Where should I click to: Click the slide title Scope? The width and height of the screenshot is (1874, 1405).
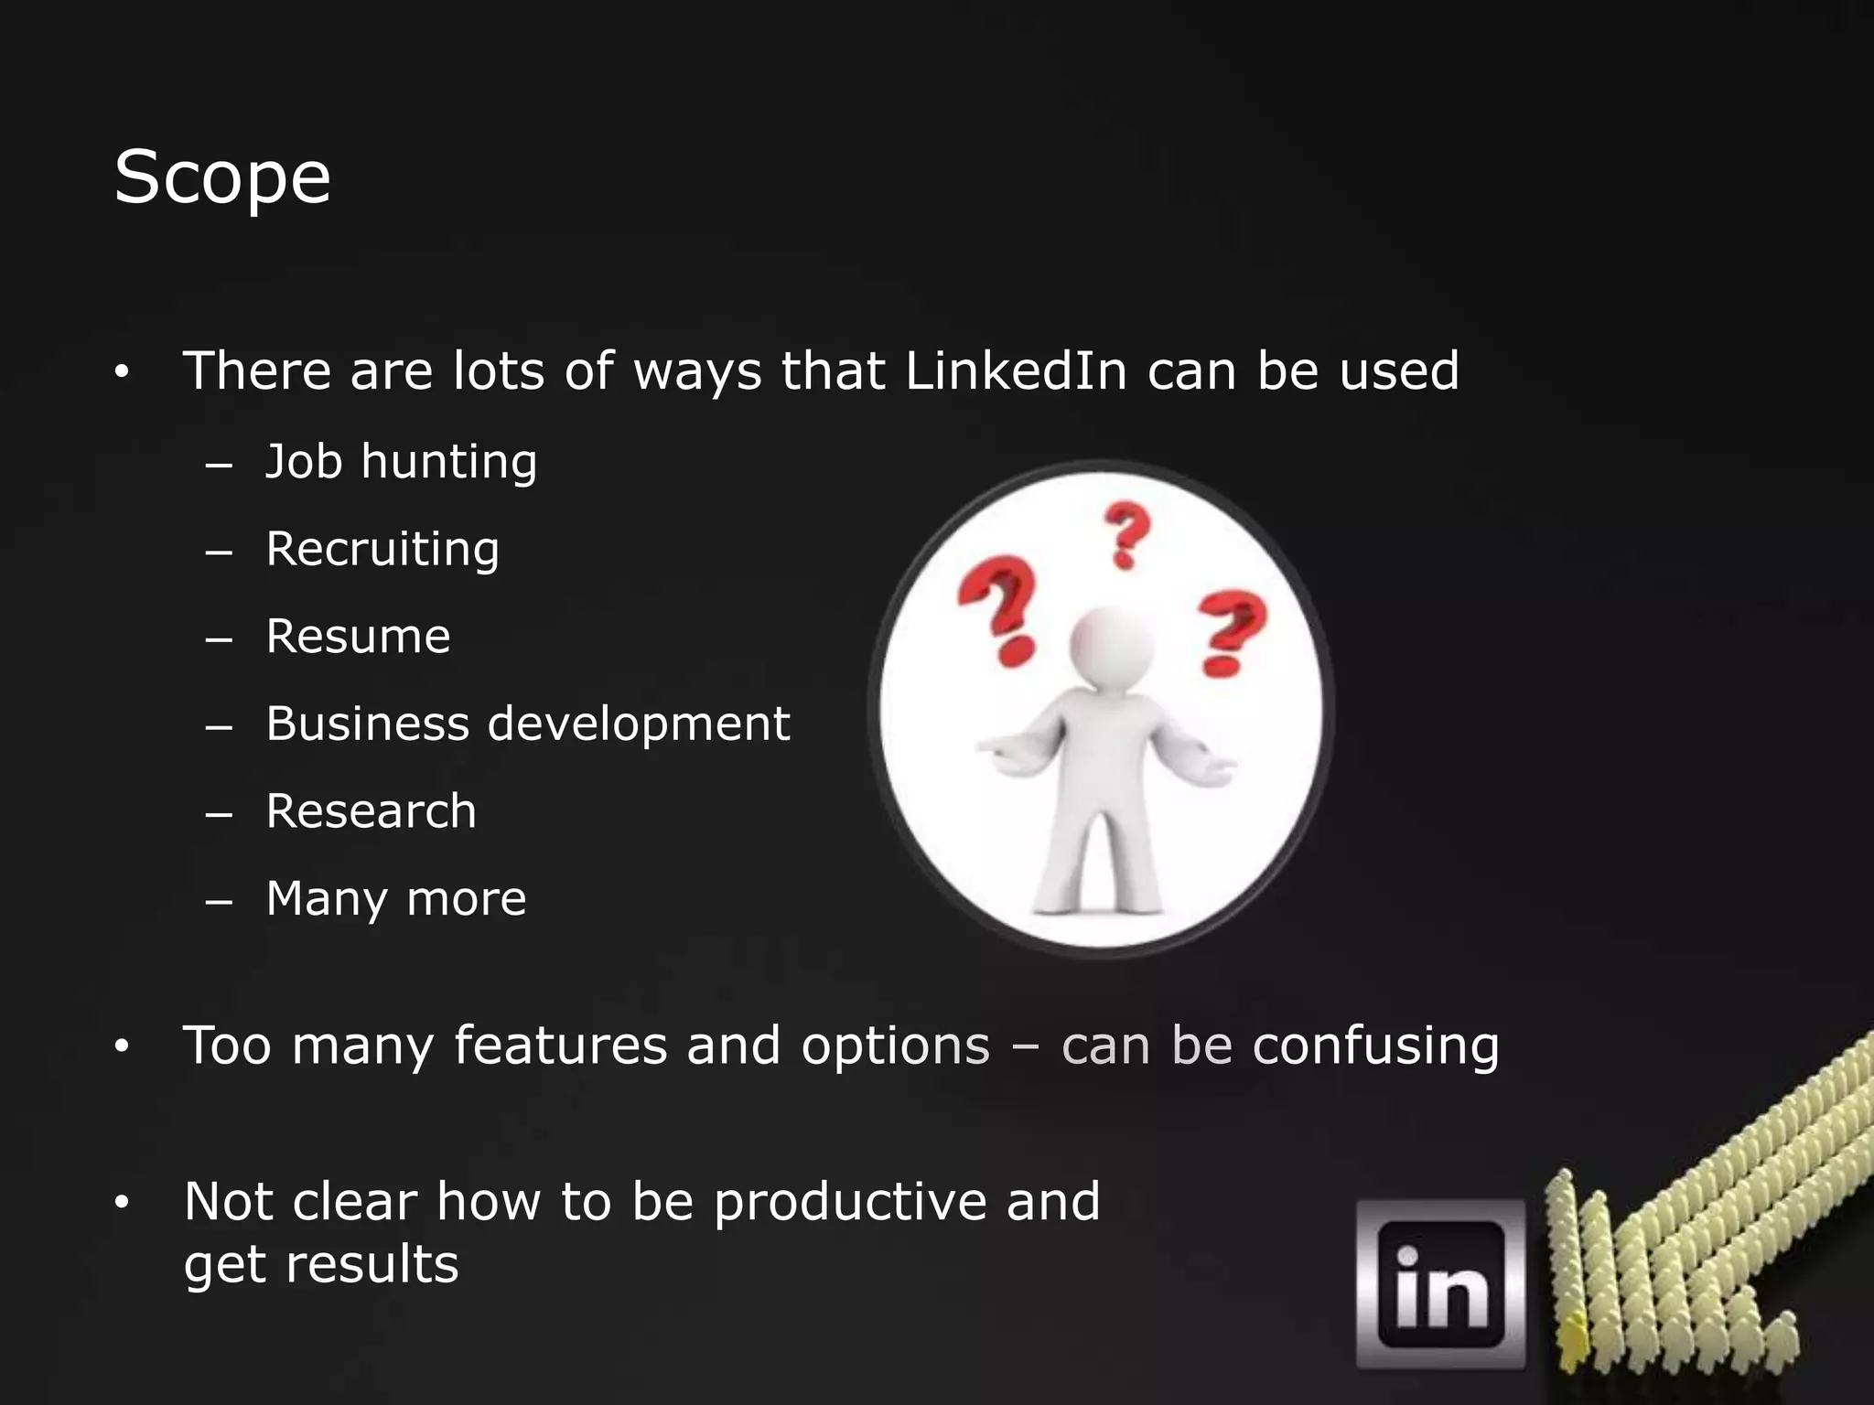click(x=222, y=177)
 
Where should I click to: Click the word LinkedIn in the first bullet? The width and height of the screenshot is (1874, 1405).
click(x=1016, y=370)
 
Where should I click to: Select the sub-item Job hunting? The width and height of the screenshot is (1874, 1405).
click(x=401, y=462)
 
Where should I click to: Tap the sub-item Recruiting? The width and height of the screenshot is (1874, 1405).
click(x=382, y=550)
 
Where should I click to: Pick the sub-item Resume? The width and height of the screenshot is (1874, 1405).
click(x=358, y=637)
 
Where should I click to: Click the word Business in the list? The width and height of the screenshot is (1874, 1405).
click(x=367, y=724)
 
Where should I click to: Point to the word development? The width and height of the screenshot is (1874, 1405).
click(x=638, y=724)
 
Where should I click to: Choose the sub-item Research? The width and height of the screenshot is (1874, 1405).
click(x=371, y=811)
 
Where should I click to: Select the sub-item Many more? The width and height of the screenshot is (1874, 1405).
click(x=395, y=899)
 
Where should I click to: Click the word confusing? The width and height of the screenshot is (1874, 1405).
click(x=1375, y=1046)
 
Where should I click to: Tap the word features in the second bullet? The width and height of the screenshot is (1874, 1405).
click(x=560, y=1046)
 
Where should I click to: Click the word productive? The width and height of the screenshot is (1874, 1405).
click(x=850, y=1201)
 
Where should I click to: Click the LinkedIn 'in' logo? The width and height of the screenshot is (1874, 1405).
click(x=1440, y=1284)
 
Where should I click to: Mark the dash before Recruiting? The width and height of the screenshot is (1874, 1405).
click(x=219, y=553)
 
